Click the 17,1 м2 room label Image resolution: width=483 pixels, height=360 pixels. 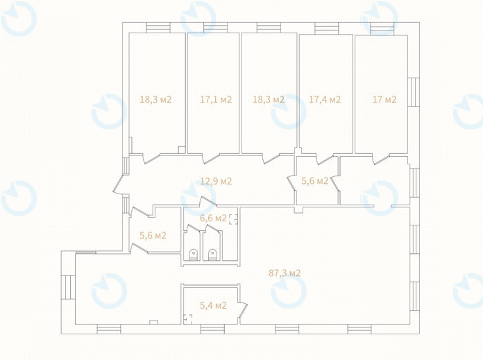tap(216, 99)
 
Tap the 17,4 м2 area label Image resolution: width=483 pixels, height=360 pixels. tap(325, 99)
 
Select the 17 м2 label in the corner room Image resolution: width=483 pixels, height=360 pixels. tap(384, 99)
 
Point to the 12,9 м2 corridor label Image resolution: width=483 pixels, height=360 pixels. tap(216, 181)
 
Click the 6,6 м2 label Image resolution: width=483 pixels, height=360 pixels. tap(213, 218)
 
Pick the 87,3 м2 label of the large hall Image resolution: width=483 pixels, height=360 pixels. tap(285, 273)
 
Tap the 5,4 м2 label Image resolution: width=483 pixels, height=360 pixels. tap(213, 305)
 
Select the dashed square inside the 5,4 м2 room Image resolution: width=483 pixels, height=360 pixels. tap(188, 318)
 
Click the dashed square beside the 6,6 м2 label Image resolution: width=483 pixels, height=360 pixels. tap(233, 219)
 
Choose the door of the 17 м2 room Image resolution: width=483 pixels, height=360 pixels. tap(381, 158)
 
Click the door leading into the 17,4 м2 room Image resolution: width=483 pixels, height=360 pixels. tap(325, 159)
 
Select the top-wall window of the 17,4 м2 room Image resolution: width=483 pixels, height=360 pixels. tap(327, 28)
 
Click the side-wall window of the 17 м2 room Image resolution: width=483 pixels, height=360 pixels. tap(414, 92)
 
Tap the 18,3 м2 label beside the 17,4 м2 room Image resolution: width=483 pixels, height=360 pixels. tap(269, 99)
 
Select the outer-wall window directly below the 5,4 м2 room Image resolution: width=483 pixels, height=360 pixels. tap(212, 329)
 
